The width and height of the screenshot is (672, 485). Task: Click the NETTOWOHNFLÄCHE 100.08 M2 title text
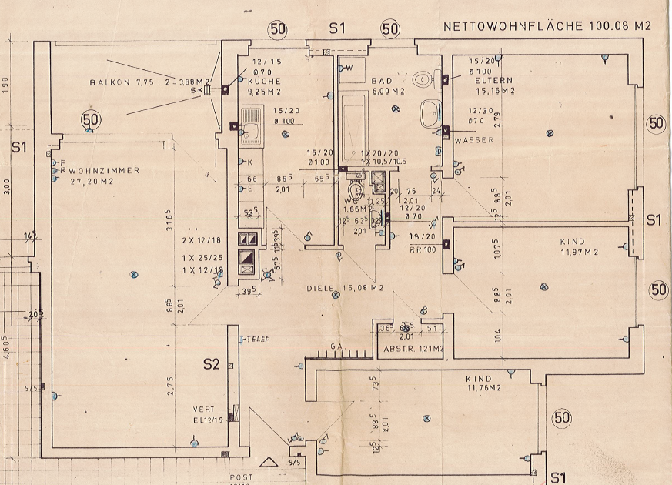pyautogui.click(x=547, y=26)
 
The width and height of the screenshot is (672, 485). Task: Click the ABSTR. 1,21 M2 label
pyautogui.click(x=414, y=349)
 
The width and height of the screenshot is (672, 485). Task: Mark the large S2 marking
pyautogui.click(x=212, y=363)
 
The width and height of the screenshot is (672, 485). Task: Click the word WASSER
pyautogui.click(x=473, y=141)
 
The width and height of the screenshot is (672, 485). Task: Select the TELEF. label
pyautogui.click(x=257, y=339)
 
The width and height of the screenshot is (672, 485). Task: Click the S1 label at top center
pyautogui.click(x=336, y=28)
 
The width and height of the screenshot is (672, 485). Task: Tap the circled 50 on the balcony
pyautogui.click(x=91, y=119)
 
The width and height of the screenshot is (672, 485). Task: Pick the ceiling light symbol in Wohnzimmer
pyautogui.click(x=134, y=274)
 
